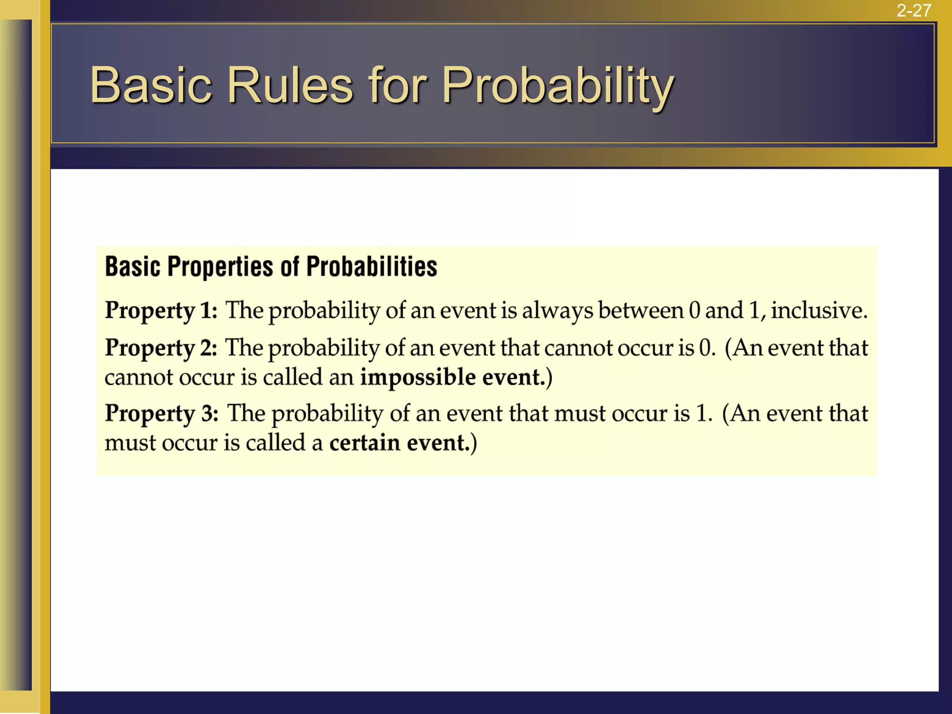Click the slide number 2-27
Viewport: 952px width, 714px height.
coord(913,10)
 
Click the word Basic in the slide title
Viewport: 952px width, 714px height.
coord(151,85)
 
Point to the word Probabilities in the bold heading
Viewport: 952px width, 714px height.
coord(371,267)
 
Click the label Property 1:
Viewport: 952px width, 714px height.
coord(161,311)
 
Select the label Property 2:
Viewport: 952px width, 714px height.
coord(161,348)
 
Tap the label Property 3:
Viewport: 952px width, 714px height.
coord(161,414)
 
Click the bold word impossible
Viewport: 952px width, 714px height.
coord(418,377)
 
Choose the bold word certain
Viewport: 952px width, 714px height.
coord(364,443)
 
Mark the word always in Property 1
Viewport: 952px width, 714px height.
coord(557,311)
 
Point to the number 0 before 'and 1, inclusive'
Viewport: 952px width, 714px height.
coord(694,310)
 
